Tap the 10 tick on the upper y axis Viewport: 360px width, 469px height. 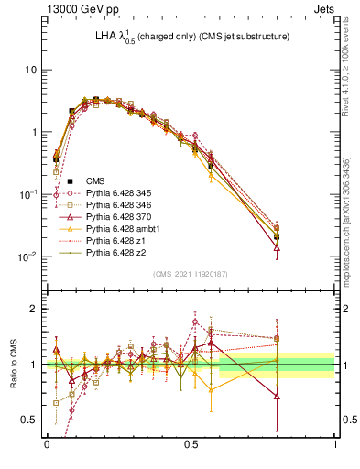click(x=32, y=70)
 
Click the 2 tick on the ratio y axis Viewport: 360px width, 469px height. click(x=35, y=309)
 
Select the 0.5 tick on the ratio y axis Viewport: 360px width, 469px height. click(x=31, y=420)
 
